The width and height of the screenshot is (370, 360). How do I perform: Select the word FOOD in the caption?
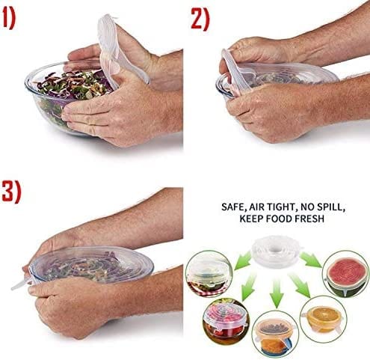pyautogui.click(x=287, y=219)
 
